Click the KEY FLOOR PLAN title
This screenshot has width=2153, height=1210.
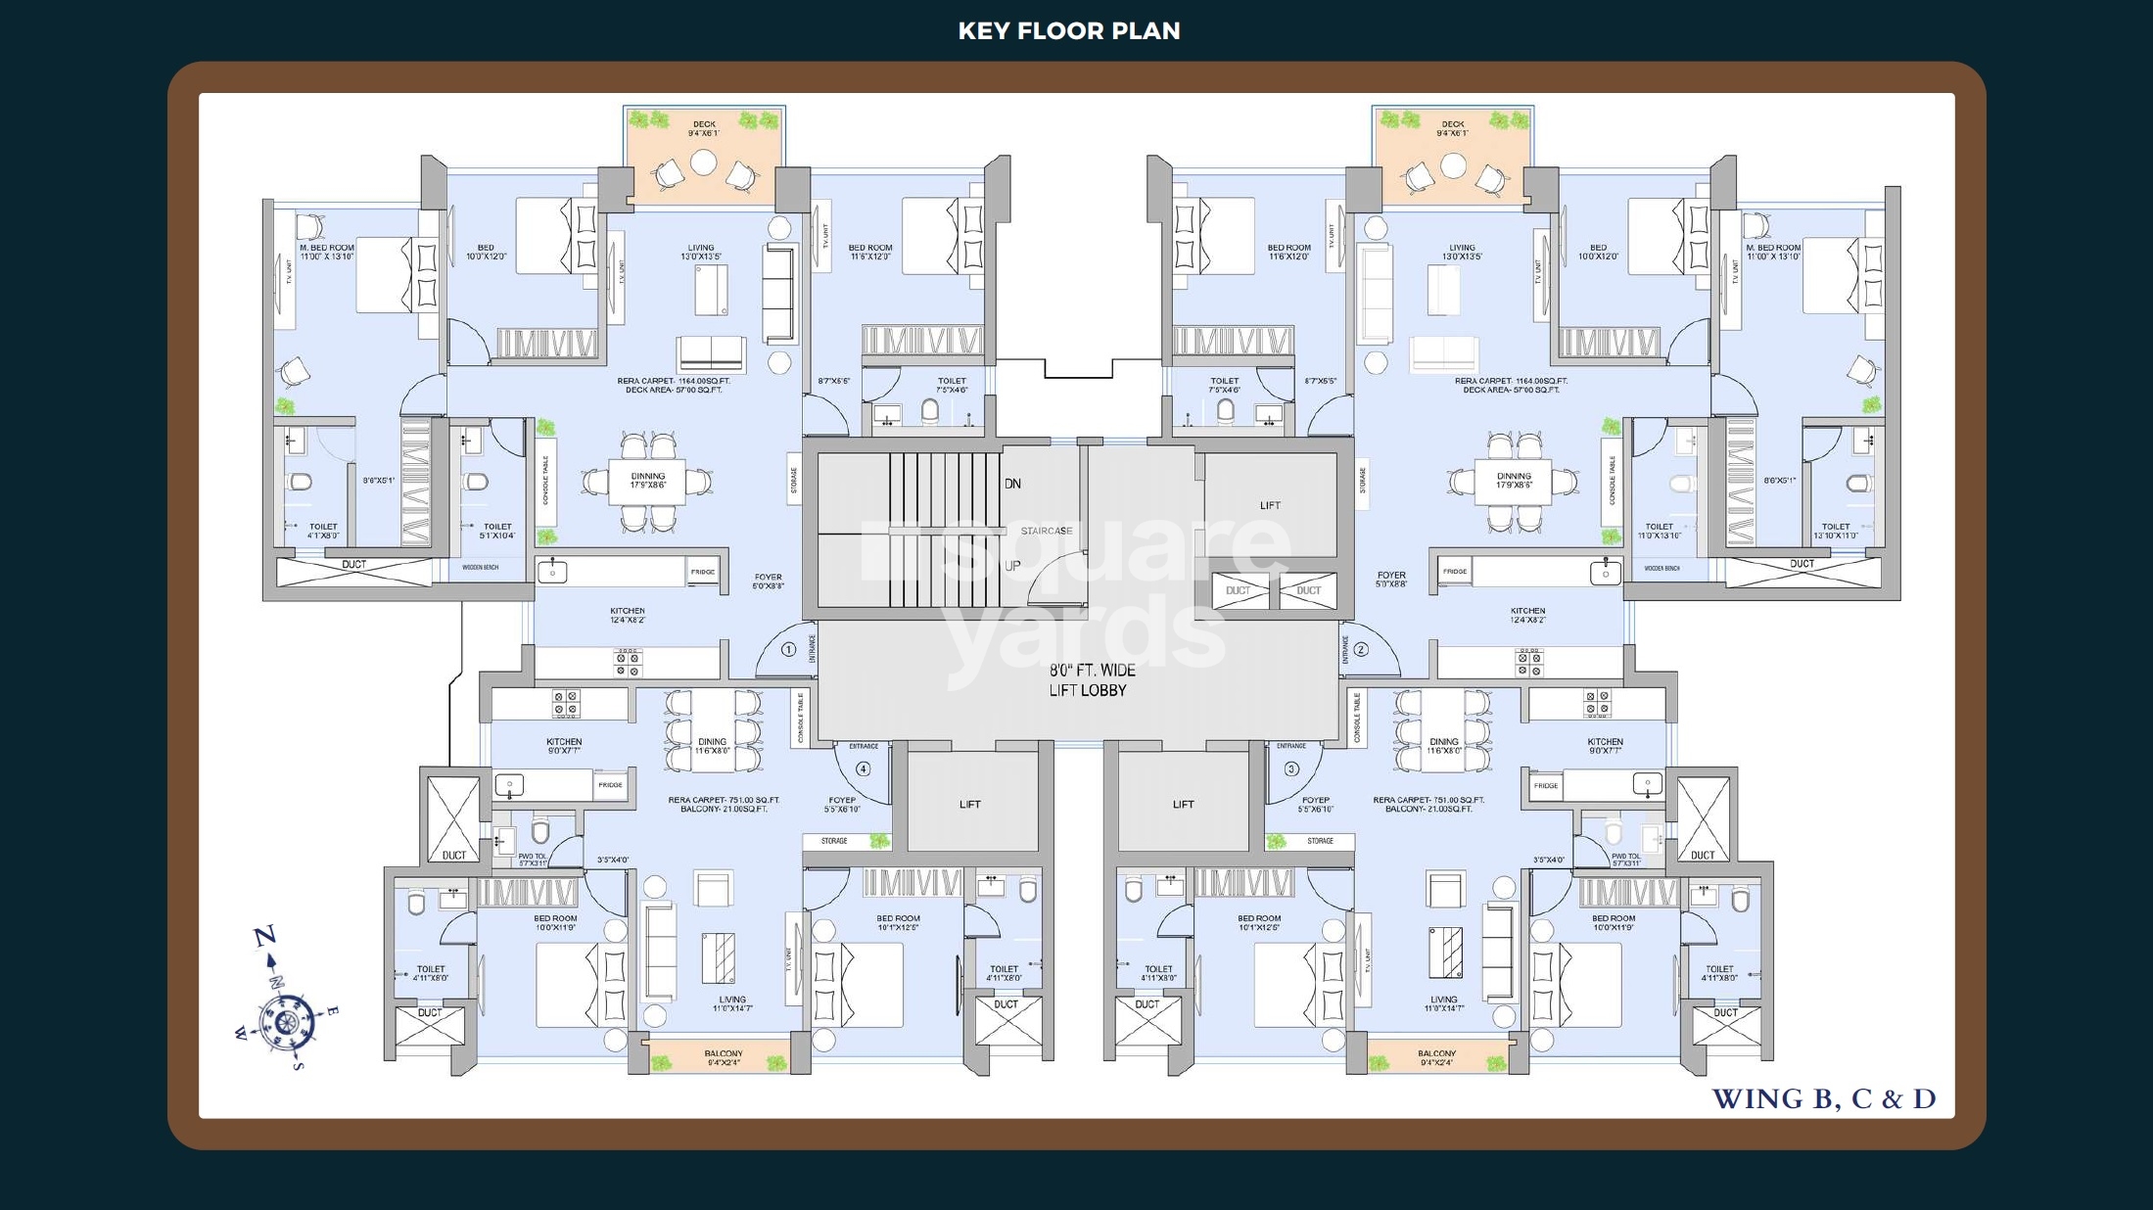click(x=1068, y=31)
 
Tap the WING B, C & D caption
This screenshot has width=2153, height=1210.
click(x=1823, y=1098)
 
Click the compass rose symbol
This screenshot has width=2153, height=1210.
click(x=286, y=1021)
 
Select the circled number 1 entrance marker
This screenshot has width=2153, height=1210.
click(x=788, y=649)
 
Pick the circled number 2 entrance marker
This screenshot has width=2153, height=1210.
click(x=1361, y=649)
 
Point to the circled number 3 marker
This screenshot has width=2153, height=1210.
click(x=1291, y=768)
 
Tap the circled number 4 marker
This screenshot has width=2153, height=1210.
click(x=863, y=768)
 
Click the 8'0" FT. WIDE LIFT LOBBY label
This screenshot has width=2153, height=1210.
click(x=1092, y=680)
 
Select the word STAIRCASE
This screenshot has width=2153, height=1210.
click(x=1047, y=531)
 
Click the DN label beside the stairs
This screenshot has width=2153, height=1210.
click(x=1012, y=484)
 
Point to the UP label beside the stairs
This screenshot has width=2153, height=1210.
click(x=1012, y=566)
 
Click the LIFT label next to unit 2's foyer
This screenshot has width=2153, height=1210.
click(x=1270, y=505)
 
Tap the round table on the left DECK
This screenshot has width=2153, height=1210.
click(x=703, y=163)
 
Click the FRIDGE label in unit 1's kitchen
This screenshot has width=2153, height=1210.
click(x=702, y=572)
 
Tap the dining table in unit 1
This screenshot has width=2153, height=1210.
click(x=647, y=481)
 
